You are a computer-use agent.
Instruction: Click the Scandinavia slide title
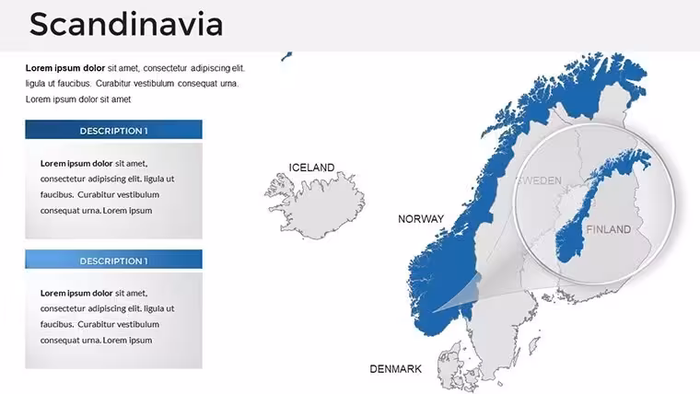(126, 24)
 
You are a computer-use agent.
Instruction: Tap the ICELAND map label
(311, 168)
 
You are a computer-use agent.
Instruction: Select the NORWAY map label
(421, 219)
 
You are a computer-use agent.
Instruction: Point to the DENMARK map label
(395, 369)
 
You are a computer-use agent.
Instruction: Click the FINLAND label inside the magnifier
(609, 229)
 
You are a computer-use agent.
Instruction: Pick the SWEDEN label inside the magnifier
(540, 180)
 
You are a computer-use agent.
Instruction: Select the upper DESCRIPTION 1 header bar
(113, 130)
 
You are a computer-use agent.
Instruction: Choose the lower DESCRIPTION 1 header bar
(113, 260)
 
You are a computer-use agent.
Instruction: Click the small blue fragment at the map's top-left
(286, 56)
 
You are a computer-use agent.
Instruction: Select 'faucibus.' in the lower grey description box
(57, 324)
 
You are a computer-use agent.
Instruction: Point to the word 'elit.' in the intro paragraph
(238, 68)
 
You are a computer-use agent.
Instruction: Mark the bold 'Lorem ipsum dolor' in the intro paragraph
(65, 68)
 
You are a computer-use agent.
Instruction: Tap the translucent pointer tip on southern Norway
(433, 312)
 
